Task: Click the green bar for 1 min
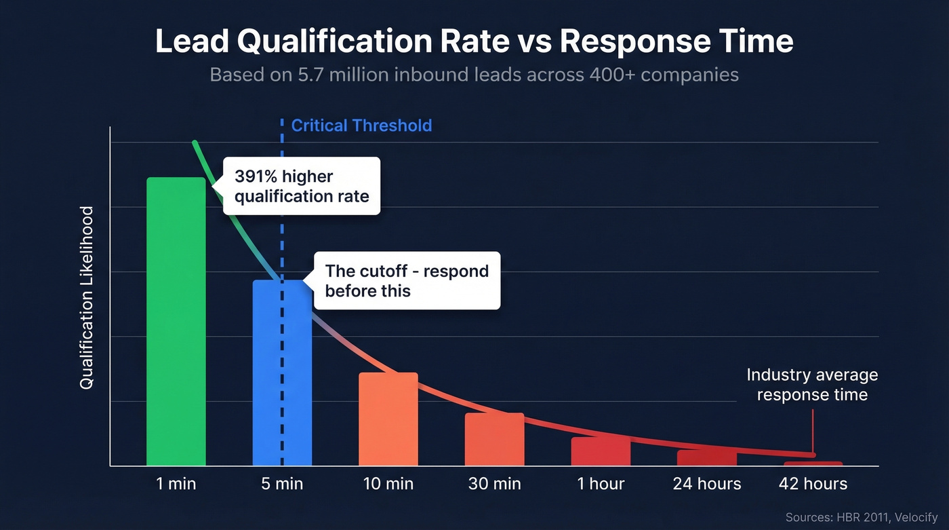[176, 322]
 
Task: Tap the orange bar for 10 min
[388, 419]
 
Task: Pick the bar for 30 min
[494, 440]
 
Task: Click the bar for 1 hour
[600, 453]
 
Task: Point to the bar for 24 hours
[706, 459]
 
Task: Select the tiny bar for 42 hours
[813, 463]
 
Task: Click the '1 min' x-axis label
[176, 484]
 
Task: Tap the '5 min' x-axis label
[282, 484]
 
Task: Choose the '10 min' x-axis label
[388, 484]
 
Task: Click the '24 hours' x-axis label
[706, 484]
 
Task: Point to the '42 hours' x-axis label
[813, 484]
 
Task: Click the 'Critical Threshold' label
[361, 126]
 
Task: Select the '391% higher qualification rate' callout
[302, 186]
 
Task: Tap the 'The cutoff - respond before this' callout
[406, 281]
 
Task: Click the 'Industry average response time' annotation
[811, 385]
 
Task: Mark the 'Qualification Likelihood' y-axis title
[86, 298]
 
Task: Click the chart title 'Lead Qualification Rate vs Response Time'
[474, 41]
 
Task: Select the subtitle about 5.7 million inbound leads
[474, 74]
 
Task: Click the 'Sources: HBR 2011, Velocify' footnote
[861, 517]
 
